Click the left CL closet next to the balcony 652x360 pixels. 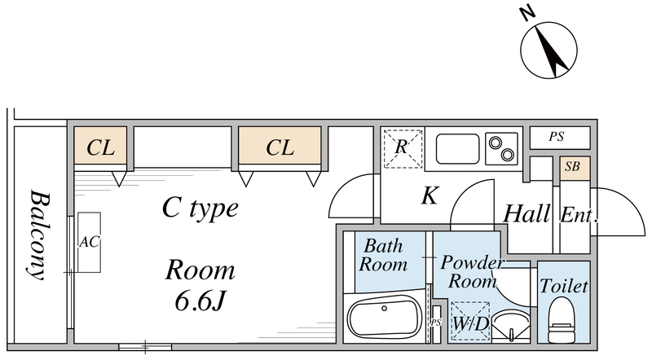100,147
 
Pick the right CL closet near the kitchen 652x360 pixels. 280,147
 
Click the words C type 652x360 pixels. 200,209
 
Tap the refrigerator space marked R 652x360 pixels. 403,148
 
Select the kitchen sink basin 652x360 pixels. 456,149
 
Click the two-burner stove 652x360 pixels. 502,149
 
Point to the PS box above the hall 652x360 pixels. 556,138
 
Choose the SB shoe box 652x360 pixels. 572,168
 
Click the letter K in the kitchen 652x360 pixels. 430,196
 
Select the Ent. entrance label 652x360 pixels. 579,216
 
